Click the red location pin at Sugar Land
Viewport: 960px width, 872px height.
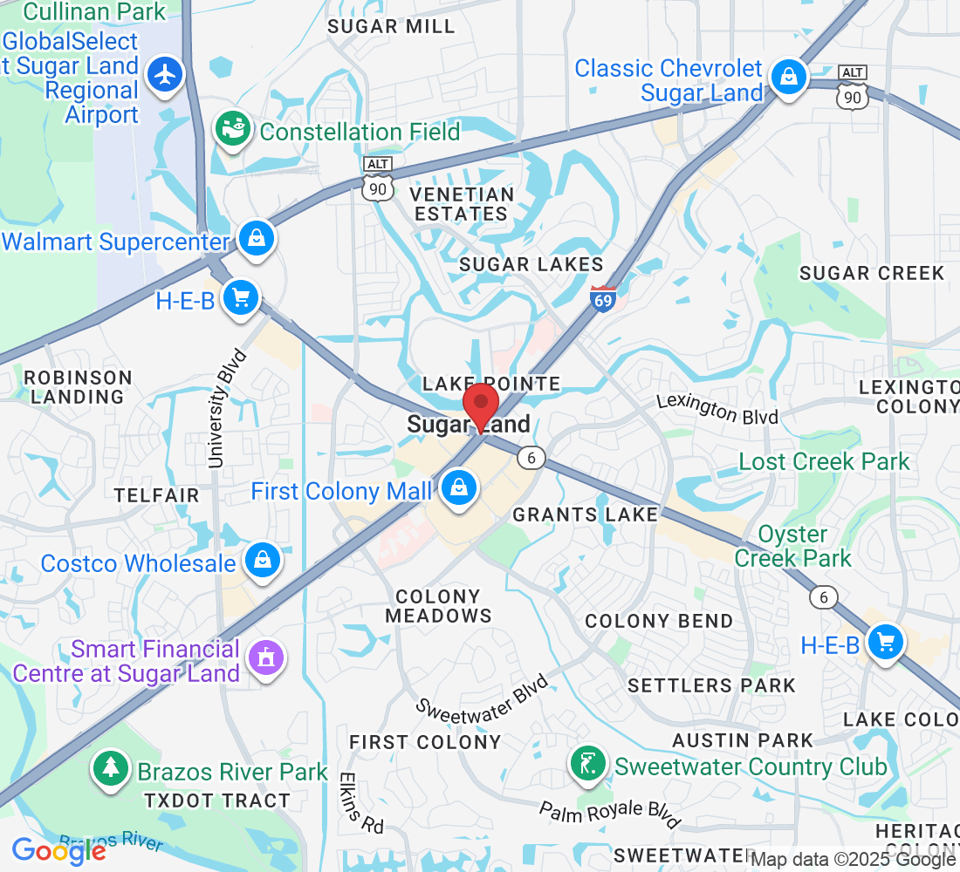(480, 405)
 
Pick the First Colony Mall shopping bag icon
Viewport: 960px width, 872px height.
(457, 488)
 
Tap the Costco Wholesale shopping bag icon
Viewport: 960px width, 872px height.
(262, 560)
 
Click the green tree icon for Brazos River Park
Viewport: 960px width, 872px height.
(111, 768)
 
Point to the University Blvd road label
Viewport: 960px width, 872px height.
(228, 408)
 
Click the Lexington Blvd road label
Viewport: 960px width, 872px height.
(717, 408)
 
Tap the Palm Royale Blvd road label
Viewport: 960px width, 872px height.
(609, 814)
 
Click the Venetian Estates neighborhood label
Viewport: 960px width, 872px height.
(463, 203)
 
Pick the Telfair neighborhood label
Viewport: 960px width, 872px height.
(157, 495)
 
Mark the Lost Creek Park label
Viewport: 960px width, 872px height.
(824, 461)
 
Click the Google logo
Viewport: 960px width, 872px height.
(58, 849)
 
